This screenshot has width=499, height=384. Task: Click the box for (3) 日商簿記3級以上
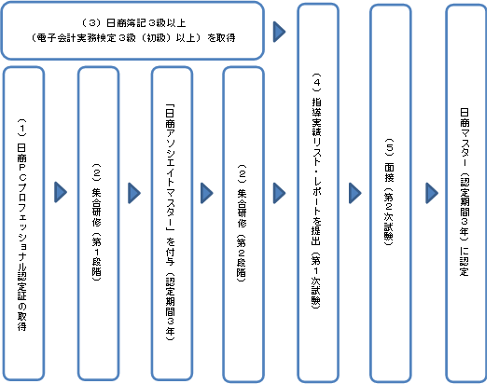pos(132,31)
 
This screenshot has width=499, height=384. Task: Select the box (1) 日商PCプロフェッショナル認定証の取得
pos(23,224)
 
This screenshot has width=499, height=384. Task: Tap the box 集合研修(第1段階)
pos(98,224)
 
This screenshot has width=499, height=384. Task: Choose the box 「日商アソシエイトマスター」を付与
pos(172,224)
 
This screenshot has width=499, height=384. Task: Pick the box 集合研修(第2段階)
pos(243,224)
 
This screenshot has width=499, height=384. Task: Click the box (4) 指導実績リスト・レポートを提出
pos(318,193)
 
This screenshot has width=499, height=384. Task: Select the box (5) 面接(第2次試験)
pos(391,193)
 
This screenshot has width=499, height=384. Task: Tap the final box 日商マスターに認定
pos(466,193)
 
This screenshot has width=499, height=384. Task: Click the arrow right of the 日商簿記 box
pos(280,32)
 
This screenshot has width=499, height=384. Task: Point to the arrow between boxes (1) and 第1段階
pos(61,192)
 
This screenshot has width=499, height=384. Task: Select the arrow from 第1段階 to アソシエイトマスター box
pos(134,193)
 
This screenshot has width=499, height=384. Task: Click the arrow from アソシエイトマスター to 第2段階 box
pos(207,193)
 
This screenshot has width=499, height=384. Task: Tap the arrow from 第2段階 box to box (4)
pos(280,193)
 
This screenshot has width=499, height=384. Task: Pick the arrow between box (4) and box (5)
pos(355,193)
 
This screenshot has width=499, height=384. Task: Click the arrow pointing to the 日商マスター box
pos(432,193)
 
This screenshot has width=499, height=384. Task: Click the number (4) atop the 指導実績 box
pos(317,82)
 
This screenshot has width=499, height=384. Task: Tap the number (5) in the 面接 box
pos(390,147)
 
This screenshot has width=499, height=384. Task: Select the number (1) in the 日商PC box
pos(22,128)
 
